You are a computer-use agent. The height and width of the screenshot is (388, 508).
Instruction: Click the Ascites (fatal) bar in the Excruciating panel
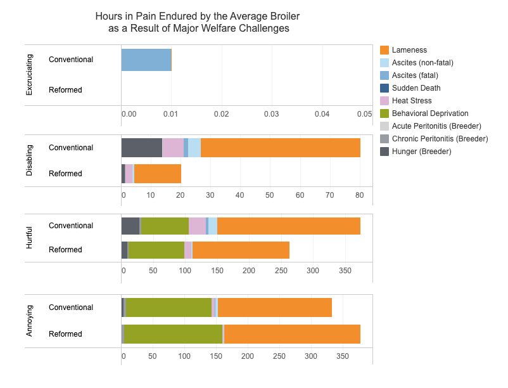pyautogui.click(x=146, y=60)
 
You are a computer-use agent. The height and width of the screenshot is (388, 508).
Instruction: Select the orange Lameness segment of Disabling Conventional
pyautogui.click(x=280, y=148)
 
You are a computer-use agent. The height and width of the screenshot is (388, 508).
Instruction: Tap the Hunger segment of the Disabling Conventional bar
pyautogui.click(x=141, y=148)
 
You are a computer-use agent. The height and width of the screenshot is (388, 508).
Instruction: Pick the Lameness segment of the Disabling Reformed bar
pyautogui.click(x=157, y=174)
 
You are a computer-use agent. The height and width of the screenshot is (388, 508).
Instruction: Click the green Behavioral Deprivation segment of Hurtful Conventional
pyautogui.click(x=165, y=226)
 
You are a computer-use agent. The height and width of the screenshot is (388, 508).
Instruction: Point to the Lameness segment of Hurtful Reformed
pyautogui.click(x=241, y=250)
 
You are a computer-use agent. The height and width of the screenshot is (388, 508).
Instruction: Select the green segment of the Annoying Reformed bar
pyautogui.click(x=173, y=334)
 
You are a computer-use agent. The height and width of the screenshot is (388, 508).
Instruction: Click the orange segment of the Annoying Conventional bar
pyautogui.click(x=274, y=307)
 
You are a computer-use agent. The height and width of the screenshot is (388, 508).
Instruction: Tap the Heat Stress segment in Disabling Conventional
pyautogui.click(x=173, y=148)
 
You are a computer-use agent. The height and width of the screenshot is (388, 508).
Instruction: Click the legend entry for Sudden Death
pyautogui.click(x=416, y=88)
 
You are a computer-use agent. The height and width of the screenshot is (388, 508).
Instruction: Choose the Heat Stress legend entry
pyautogui.click(x=412, y=101)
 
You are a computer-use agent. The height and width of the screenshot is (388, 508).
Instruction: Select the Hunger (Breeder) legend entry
pyautogui.click(x=421, y=151)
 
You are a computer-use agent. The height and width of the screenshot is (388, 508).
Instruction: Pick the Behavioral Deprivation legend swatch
pyautogui.click(x=384, y=113)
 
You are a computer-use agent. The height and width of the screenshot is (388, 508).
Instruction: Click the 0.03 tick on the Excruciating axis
pyautogui.click(x=272, y=113)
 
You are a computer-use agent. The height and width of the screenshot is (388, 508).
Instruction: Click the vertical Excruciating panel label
pyautogui.click(x=29, y=75)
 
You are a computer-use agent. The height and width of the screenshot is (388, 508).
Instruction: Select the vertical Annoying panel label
pyautogui.click(x=29, y=321)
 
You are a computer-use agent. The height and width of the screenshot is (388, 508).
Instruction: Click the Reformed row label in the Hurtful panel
pyautogui.click(x=65, y=250)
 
